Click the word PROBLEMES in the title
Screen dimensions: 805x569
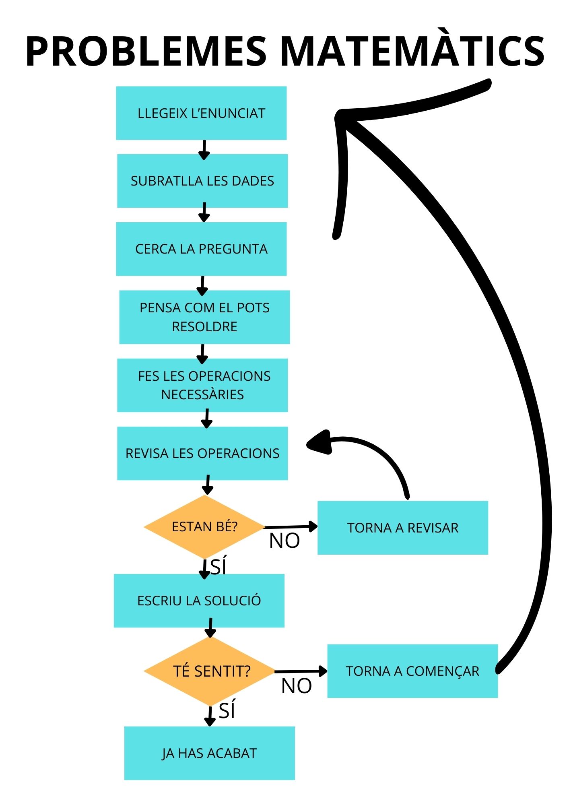tap(146, 51)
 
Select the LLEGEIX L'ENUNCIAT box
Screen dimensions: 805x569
tap(201, 113)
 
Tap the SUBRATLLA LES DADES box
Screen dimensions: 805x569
tap(202, 181)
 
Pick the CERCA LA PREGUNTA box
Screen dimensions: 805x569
tap(201, 249)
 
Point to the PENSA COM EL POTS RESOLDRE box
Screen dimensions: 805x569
tap(204, 317)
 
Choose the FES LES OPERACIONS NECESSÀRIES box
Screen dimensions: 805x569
tap(202, 385)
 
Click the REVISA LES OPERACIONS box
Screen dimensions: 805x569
tap(202, 453)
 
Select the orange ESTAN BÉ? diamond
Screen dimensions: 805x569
tap(204, 526)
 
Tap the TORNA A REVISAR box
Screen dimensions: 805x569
tap(403, 528)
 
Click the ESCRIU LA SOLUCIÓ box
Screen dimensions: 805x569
tap(199, 601)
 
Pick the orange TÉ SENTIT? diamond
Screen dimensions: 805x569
tap(210, 671)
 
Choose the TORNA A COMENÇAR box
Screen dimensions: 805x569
tap(412, 671)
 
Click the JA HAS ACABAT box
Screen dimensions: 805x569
tap(209, 753)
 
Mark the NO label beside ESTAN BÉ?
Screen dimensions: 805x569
tap(284, 541)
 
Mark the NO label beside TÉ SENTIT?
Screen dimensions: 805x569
tap(297, 686)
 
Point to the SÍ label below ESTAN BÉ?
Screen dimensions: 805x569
tap(218, 566)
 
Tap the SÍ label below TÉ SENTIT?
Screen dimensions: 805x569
tap(227, 710)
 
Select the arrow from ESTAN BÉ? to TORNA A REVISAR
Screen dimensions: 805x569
tap(291, 526)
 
